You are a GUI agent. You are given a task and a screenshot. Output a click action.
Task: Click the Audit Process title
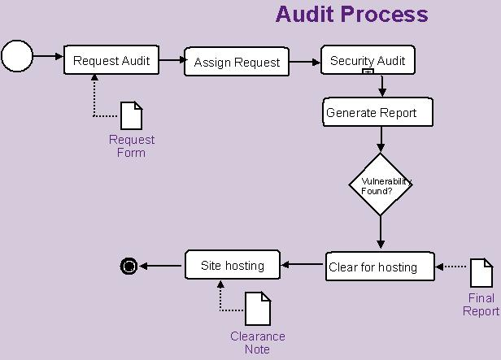351,14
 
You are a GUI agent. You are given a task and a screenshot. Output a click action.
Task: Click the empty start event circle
17,56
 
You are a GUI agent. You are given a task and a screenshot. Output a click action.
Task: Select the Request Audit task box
112,60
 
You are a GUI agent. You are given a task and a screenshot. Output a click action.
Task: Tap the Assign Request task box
237,62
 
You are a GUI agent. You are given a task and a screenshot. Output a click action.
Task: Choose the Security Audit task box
368,60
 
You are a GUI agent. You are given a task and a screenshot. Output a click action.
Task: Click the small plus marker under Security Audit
368,72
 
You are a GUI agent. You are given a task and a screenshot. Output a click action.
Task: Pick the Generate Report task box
377,112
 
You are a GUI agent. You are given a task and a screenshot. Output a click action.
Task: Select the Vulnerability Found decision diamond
381,184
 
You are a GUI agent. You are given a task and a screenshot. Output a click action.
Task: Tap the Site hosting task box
233,265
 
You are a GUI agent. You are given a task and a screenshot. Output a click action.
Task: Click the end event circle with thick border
129,265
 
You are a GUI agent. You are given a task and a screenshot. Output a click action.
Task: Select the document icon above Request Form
131,115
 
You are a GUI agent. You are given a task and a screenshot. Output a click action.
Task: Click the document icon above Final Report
481,273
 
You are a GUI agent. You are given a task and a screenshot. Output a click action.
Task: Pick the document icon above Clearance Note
258,309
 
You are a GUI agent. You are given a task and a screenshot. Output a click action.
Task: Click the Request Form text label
131,146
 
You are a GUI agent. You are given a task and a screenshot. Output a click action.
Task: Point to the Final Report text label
481,305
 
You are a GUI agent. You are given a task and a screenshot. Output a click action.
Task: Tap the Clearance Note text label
257,343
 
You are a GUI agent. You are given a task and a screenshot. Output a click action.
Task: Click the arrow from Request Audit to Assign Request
172,61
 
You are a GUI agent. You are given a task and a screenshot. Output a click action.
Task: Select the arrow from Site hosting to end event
160,265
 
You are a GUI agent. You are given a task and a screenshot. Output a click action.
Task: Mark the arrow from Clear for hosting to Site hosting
303,264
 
